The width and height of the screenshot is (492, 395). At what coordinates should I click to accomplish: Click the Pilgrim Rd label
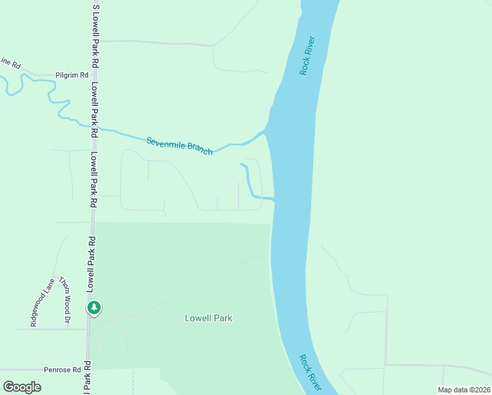72,75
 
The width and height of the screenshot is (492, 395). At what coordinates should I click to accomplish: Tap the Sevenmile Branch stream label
180,145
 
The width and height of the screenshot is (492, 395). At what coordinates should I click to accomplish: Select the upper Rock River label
308,55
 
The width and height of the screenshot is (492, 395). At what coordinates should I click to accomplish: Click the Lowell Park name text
208,318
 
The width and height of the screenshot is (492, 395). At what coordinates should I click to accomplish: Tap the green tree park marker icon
94,307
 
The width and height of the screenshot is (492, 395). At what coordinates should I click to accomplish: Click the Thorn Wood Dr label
64,300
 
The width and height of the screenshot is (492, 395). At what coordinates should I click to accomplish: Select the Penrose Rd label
62,370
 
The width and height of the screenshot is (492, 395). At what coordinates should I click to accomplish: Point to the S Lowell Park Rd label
96,35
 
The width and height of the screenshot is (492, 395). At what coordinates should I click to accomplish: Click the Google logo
22,387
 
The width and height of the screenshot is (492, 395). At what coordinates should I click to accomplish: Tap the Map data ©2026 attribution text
463,390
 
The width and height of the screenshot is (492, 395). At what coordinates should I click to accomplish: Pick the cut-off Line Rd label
10,63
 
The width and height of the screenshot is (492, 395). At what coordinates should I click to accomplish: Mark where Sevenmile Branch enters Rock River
266,132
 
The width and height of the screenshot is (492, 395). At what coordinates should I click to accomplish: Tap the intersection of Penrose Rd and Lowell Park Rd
88,369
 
